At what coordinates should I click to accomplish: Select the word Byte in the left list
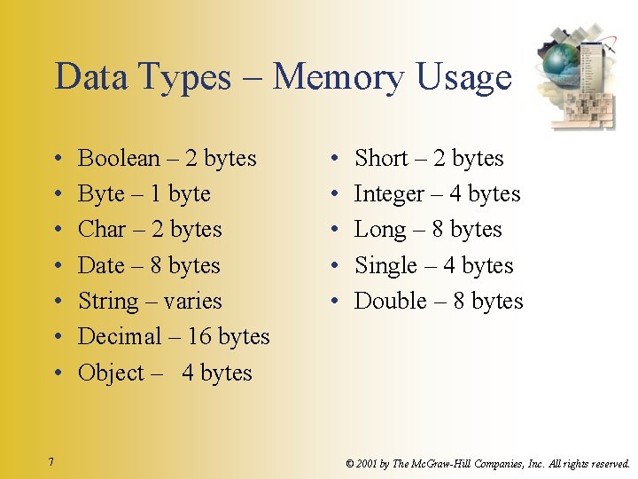[x=101, y=194]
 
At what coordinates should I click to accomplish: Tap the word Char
[x=102, y=230]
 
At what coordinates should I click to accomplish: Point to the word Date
[x=101, y=265]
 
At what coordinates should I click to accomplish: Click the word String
[x=108, y=302]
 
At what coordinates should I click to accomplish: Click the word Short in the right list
[x=381, y=158]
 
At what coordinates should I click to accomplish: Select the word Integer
[x=389, y=194]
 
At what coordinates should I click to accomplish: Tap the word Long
[x=379, y=230]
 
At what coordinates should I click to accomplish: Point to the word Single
[x=385, y=265]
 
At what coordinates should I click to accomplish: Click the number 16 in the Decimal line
[x=199, y=337]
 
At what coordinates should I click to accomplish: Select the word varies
[x=192, y=302]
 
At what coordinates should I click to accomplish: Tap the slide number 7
[x=52, y=461]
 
